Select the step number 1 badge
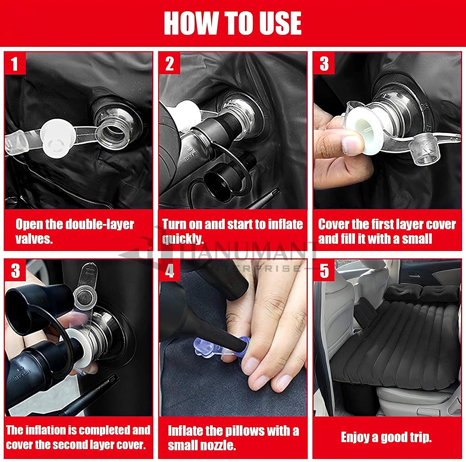pyautogui.click(x=14, y=63)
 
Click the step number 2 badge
pyautogui.click(x=169, y=63)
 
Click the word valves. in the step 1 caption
pyautogui.click(x=34, y=239)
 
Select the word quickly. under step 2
pyautogui.click(x=183, y=239)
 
